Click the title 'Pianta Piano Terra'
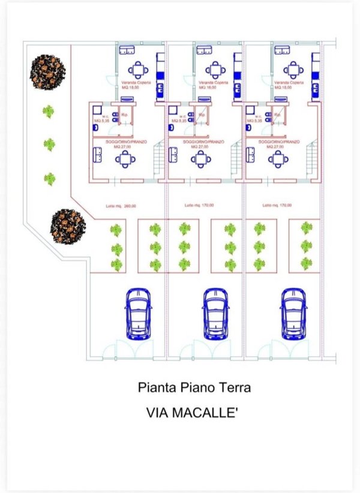point(194,388)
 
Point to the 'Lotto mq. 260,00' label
point(118,205)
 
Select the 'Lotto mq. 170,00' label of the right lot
point(277,205)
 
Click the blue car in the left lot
point(138,314)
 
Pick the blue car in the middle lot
point(215,314)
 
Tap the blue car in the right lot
point(293,314)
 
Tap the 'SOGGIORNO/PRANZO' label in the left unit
point(123,142)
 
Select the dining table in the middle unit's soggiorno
point(200,159)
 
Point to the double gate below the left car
point(127,350)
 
